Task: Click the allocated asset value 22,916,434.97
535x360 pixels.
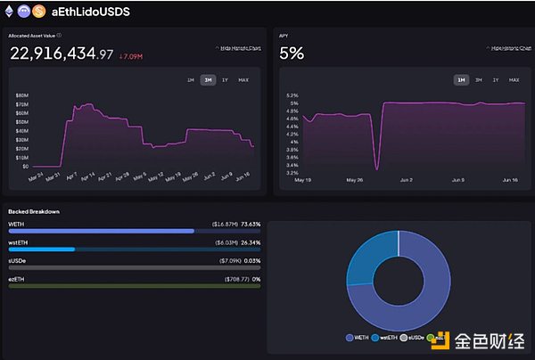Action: pos(62,53)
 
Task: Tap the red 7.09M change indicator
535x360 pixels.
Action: pos(130,54)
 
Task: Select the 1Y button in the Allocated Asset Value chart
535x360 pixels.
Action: pos(225,80)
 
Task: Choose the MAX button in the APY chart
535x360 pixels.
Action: pos(514,80)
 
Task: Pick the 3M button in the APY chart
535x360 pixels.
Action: pos(479,80)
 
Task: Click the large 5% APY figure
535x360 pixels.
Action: pos(292,53)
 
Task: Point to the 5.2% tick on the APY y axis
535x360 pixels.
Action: pos(292,94)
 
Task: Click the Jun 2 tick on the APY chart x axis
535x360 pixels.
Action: pos(405,179)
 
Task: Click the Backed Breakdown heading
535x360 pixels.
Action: pos(34,211)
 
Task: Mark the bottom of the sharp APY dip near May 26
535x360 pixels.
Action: pos(376,168)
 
